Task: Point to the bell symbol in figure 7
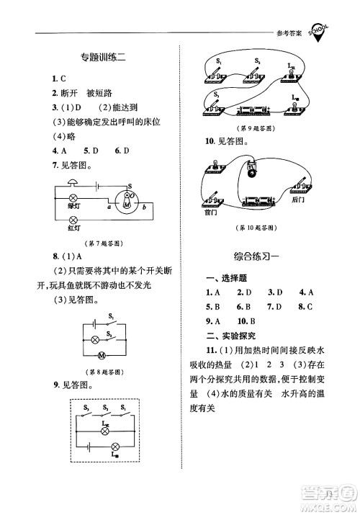127,194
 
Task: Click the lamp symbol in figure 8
94,339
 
